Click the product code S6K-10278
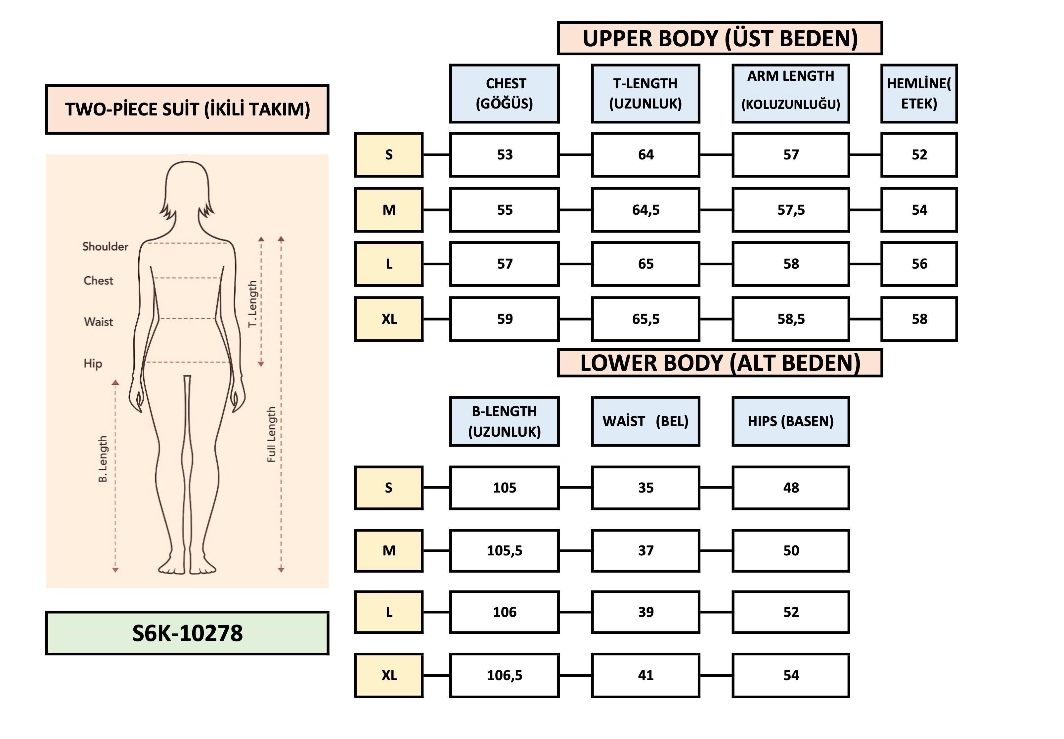tap(187, 633)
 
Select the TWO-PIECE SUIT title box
tap(187, 109)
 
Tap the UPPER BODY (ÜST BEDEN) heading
tap(720, 38)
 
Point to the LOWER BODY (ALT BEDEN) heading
tap(720, 363)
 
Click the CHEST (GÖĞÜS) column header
tap(504, 94)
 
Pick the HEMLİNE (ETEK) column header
tap(919, 94)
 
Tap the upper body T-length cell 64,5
tap(645, 210)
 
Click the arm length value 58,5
tap(790, 319)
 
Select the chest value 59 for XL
tap(504, 319)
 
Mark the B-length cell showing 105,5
tap(504, 550)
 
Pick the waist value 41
tap(645, 675)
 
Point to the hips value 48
tap(790, 488)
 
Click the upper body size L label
tap(388, 264)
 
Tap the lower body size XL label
tap(388, 675)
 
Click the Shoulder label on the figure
tap(105, 246)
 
